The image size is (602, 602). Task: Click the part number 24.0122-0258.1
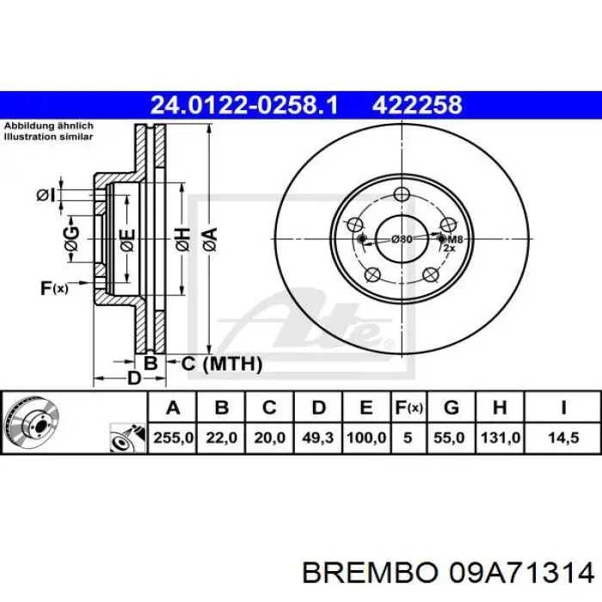244,106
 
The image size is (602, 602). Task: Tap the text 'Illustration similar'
49,136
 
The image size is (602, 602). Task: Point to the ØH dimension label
181,238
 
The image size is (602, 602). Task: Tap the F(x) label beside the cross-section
52,288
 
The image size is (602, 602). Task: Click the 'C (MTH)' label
221,364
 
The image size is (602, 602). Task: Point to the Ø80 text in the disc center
401,239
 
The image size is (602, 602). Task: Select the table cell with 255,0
173,437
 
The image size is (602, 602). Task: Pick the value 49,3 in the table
318,437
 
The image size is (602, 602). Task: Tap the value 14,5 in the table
562,437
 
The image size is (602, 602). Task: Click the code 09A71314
517,572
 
